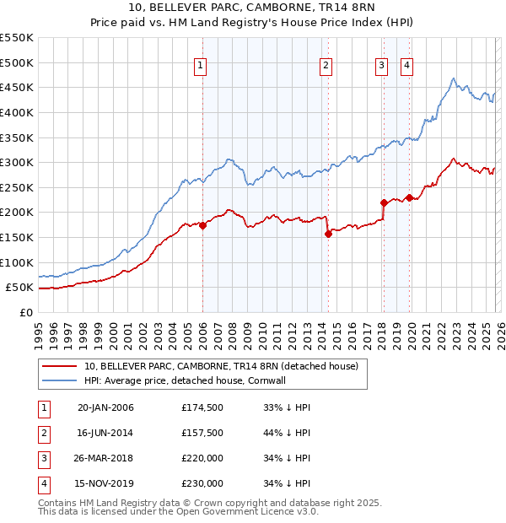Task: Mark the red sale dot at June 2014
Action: click(x=328, y=234)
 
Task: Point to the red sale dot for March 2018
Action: click(x=384, y=202)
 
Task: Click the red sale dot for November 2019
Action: click(x=409, y=197)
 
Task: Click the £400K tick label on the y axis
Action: click(x=16, y=112)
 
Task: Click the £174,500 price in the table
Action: click(x=202, y=407)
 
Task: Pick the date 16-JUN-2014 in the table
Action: click(x=105, y=433)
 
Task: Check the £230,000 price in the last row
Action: click(x=202, y=483)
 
